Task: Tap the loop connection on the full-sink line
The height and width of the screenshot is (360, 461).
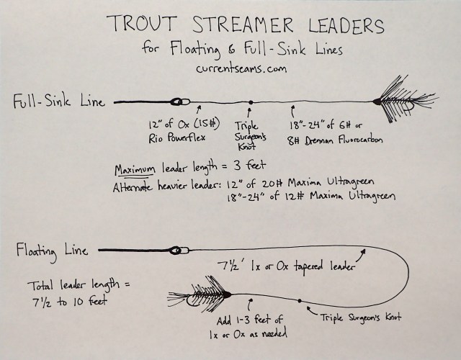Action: (x=177, y=102)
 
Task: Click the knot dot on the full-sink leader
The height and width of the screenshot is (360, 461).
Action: (x=250, y=102)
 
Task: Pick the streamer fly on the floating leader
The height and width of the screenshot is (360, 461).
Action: (x=199, y=295)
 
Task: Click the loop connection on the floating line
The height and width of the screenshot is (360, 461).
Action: (x=175, y=251)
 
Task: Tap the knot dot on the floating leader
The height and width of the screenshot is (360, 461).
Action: (x=298, y=300)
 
